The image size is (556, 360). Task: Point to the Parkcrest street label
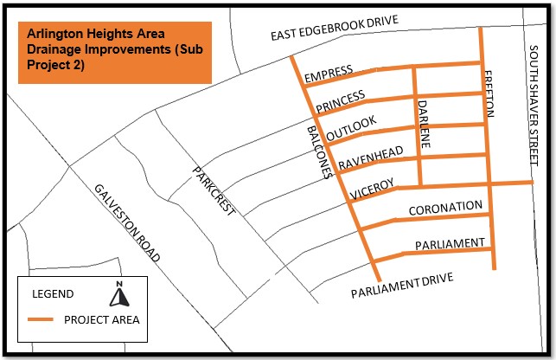214,191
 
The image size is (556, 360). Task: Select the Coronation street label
445,207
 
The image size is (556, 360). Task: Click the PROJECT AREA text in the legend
101,320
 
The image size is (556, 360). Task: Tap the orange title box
114,52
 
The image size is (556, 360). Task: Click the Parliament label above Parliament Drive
451,244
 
